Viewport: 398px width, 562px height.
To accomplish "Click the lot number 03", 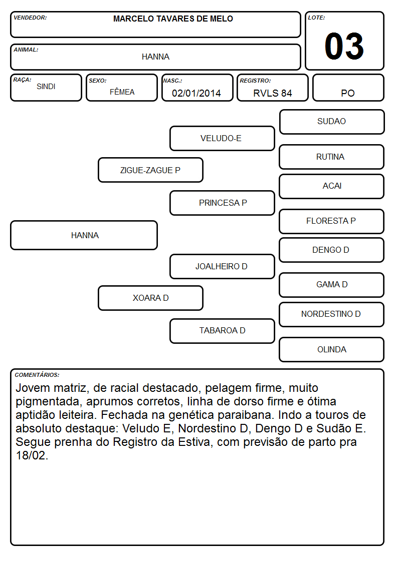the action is [x=344, y=46].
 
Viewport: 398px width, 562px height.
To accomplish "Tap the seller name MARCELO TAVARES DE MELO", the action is [x=173, y=19].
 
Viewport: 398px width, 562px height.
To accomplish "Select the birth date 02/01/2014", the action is [x=196, y=93].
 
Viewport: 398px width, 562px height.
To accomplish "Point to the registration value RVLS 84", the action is [x=272, y=93].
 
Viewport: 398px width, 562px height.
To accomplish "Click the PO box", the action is [x=348, y=88].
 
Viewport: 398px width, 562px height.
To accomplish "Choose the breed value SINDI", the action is [x=46, y=87].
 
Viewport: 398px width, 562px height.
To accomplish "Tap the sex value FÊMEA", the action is [x=122, y=92].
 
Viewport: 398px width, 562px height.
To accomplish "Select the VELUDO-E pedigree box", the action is [x=222, y=138].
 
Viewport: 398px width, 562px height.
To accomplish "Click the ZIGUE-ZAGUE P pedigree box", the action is [x=150, y=170].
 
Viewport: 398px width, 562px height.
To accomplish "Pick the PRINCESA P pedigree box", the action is [x=222, y=203].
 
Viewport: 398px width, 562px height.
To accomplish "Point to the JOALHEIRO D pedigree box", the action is [x=222, y=266].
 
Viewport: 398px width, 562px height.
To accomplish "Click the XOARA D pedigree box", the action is [x=150, y=298].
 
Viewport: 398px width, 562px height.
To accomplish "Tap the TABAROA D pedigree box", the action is [x=222, y=331].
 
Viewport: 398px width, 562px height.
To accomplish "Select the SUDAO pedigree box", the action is [x=332, y=122].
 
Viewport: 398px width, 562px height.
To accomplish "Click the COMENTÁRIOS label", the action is [x=37, y=375].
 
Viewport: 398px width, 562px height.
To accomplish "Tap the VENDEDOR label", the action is [x=30, y=18].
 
